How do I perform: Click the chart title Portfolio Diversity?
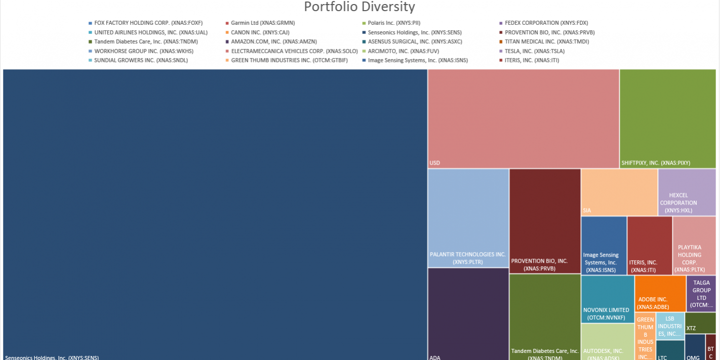(x=359, y=7)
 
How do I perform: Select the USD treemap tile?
(x=523, y=118)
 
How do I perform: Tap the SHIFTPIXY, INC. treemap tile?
(x=667, y=118)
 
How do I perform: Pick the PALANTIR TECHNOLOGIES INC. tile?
(x=468, y=218)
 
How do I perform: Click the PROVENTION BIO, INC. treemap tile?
(x=545, y=221)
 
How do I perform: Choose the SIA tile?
(x=619, y=192)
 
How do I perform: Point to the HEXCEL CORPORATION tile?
(x=687, y=192)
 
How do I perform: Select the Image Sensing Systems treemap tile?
(x=604, y=245)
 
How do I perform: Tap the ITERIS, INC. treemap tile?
(x=649, y=245)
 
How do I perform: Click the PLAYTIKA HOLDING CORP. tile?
(x=694, y=245)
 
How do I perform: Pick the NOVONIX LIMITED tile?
(x=607, y=299)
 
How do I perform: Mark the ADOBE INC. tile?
(x=660, y=293)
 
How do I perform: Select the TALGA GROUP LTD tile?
(x=701, y=293)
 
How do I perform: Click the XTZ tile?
(x=700, y=323)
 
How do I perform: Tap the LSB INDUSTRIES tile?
(x=670, y=326)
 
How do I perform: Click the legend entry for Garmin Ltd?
(x=262, y=23)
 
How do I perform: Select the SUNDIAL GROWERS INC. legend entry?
(x=140, y=60)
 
